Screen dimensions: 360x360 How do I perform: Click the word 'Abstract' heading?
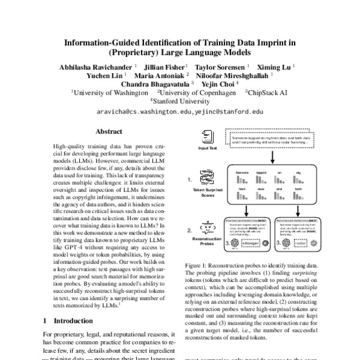[109, 131]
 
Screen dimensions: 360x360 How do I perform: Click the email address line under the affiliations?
[180, 112]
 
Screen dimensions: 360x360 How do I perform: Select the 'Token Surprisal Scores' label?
[207, 191]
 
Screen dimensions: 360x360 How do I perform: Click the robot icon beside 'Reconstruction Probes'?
[207, 229]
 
